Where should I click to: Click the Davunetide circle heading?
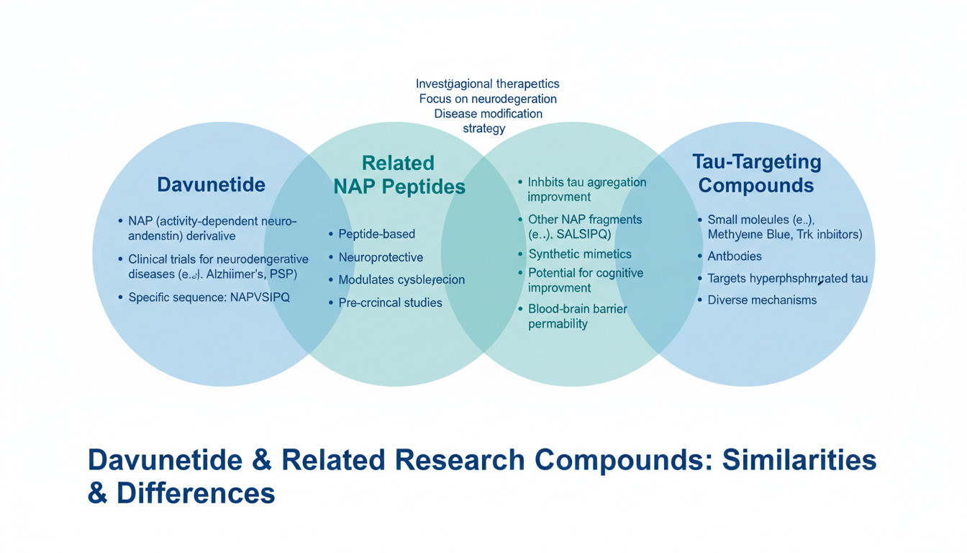[211, 184]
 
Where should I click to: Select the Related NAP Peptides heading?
[399, 175]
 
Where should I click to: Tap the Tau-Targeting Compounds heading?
[756, 174]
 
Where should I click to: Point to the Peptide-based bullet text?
[376, 234]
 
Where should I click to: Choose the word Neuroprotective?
[381, 257]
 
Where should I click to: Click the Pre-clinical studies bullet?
[390, 303]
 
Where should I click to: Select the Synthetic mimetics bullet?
[580, 254]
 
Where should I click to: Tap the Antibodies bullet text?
[735, 256]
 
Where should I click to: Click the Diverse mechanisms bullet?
[762, 300]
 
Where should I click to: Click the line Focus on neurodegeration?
[488, 99]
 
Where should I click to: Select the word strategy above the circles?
[484, 129]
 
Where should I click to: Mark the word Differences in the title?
[196, 493]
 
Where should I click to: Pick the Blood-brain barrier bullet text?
[578, 309]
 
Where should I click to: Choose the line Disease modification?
[488, 114]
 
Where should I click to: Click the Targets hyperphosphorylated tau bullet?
[788, 279]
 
